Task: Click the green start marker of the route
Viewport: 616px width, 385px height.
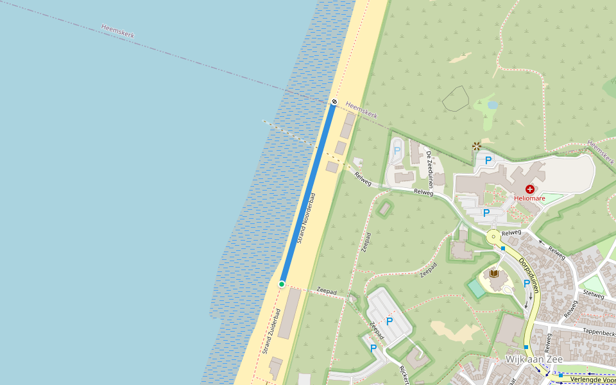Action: tap(282, 284)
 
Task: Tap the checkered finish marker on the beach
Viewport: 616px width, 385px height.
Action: tap(334, 102)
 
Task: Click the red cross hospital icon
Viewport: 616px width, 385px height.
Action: tap(530, 189)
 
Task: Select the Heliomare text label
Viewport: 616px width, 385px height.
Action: tap(530, 199)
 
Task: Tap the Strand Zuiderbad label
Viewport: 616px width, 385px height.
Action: tap(271, 331)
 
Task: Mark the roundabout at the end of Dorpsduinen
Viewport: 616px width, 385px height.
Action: tap(493, 237)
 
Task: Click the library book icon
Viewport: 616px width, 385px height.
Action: tap(494, 275)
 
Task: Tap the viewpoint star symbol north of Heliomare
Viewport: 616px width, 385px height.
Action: tap(477, 146)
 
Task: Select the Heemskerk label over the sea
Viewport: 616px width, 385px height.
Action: tap(117, 31)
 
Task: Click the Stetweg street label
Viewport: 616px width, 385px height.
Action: tap(593, 295)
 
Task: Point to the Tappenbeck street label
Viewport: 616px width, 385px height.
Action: tap(599, 333)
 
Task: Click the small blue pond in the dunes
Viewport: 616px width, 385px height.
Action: tap(492, 104)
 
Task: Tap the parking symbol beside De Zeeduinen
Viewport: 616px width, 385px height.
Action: tap(397, 151)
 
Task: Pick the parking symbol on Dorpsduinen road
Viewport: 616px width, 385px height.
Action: tap(527, 283)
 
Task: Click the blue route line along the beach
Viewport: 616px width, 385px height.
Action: tap(308, 193)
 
